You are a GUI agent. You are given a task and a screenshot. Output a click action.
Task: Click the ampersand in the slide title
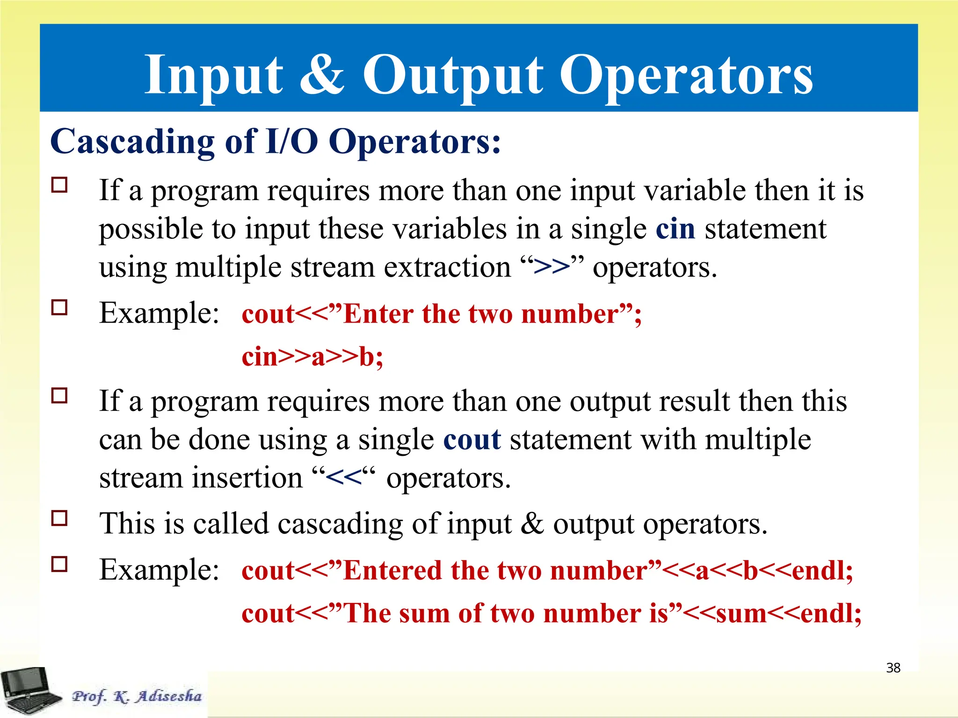pos(321,75)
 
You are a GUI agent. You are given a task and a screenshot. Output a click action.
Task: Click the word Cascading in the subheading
pos(132,142)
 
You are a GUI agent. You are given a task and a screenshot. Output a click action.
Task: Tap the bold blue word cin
pos(675,229)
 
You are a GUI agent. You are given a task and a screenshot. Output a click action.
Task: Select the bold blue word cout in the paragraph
pos(472,440)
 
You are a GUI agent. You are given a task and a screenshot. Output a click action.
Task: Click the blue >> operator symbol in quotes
pos(552,267)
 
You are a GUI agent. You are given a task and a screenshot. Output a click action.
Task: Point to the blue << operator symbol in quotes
pos(344,478)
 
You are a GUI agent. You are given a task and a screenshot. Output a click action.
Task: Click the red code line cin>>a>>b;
pos(312,357)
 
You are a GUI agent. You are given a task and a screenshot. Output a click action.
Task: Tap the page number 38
pos(893,668)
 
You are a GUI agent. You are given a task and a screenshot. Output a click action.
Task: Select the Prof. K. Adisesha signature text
pos(137,696)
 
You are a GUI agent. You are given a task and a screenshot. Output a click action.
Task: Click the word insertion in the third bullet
pos(248,478)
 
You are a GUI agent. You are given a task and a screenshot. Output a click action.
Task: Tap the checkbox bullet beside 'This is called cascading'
pos(59,518)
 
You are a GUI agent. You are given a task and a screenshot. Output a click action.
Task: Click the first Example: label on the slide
pos(159,313)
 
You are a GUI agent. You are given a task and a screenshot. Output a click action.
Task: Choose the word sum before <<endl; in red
pos(740,613)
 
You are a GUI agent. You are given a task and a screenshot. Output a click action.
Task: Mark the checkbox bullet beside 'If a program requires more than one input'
pos(59,185)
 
